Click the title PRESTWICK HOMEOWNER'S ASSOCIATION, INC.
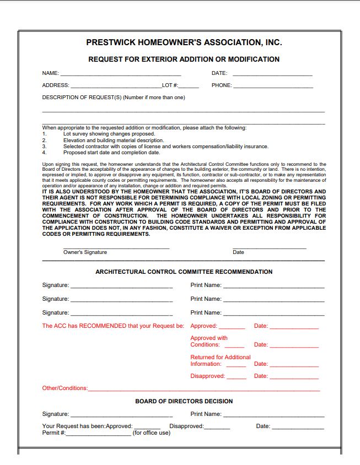point(184,42)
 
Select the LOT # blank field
point(189,86)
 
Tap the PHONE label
point(222,85)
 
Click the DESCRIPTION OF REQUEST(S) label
point(114,98)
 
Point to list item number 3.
point(44,147)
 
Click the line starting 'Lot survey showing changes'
point(109,134)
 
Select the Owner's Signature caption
point(85,252)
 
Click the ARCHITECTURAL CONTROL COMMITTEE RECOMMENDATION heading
point(184,272)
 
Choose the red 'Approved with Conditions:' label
point(209,341)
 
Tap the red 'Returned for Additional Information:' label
point(220,360)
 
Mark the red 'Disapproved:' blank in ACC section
point(237,377)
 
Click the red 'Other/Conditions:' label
point(65,388)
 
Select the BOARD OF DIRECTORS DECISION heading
point(184,401)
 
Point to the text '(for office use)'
point(152,432)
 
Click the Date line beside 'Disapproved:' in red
point(294,377)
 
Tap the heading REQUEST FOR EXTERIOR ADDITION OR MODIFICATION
point(184,60)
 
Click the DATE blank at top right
point(272,74)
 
